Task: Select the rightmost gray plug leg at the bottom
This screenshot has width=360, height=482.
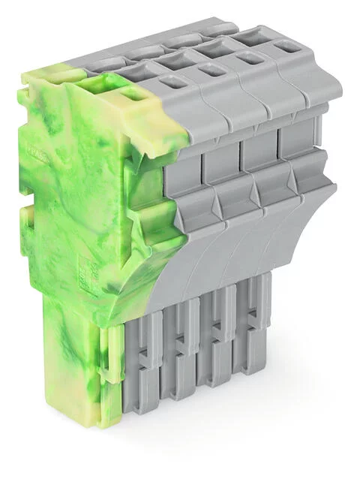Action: tap(251, 338)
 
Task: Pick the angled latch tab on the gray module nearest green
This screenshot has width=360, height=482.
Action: tap(196, 206)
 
